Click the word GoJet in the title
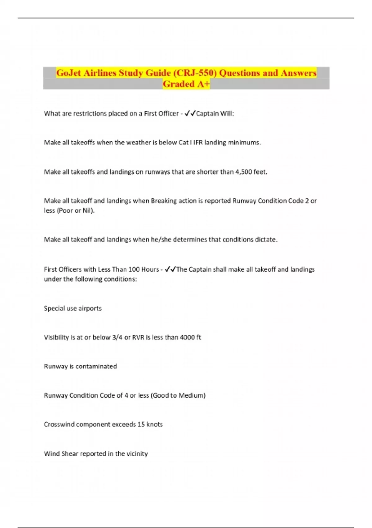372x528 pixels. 69,73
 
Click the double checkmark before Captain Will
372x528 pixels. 190,114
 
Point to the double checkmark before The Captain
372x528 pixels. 170,269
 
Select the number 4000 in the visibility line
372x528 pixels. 187,337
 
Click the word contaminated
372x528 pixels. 96,366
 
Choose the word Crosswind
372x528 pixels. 59,424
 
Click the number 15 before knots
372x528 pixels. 141,424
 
